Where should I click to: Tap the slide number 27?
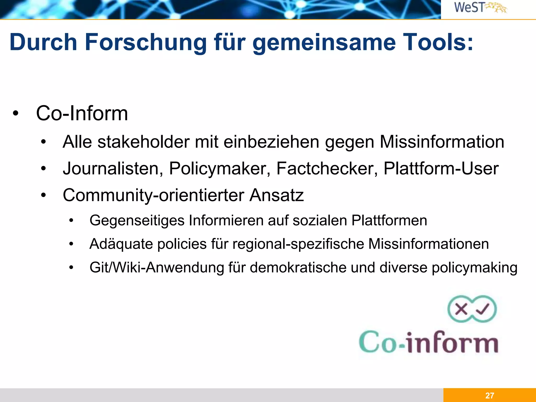pos(489,395)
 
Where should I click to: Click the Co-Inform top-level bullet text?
pos(82,113)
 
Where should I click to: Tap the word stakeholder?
pos(143,142)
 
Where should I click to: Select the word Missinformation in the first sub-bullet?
pos(442,142)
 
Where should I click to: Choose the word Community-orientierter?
pos(153,196)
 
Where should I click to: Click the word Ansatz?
pos(276,195)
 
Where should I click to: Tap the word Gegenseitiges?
pos(137,221)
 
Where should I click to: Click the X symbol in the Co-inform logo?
pos(461,309)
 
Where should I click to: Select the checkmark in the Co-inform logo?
pos(482,309)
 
